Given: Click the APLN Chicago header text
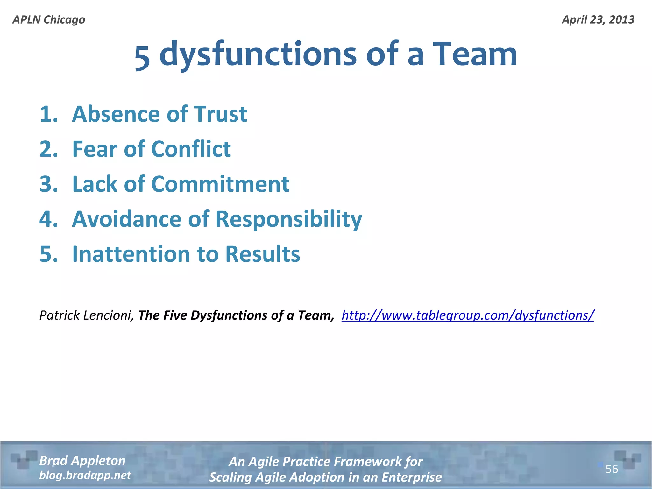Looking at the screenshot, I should point(49,20).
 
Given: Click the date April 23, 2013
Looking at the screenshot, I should point(598,20).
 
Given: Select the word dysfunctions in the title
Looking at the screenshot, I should point(258,55).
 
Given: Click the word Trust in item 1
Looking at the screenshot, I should point(220,114).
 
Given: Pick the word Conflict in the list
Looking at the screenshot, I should point(191,149).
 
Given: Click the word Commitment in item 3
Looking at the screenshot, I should point(220,184).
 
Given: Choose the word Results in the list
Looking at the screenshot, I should point(263,254).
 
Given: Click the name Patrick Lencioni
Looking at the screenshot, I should point(86,315).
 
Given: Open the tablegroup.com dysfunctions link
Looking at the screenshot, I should point(468,315).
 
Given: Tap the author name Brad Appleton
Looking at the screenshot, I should point(82,461).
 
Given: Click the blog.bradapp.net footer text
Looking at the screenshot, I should point(85,475).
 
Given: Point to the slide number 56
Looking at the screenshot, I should point(612,469).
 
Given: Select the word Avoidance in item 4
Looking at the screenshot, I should point(126,219).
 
